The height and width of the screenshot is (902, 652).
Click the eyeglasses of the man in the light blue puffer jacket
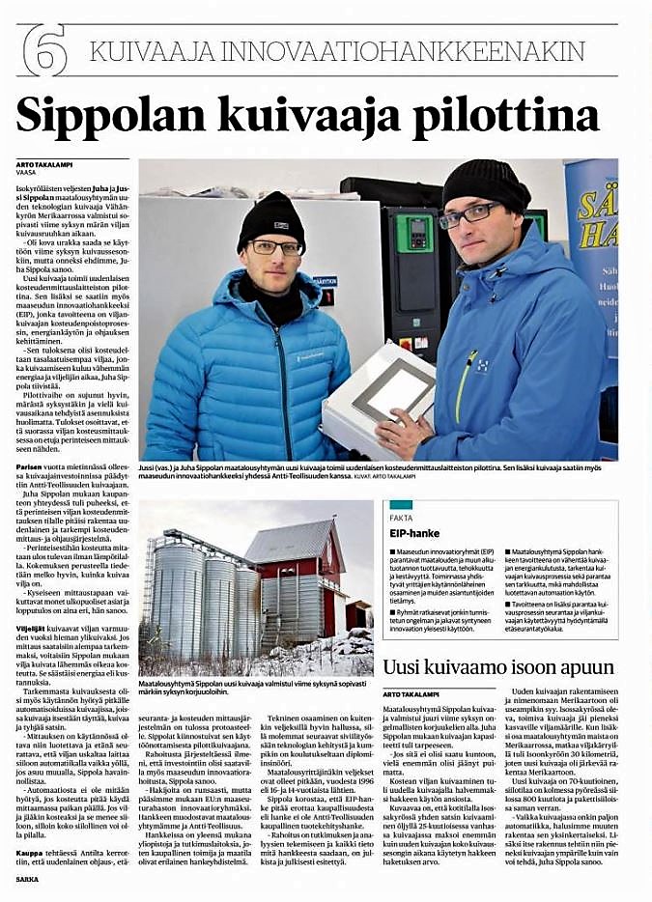point(274,247)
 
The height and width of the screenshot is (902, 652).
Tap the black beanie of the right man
point(485,183)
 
